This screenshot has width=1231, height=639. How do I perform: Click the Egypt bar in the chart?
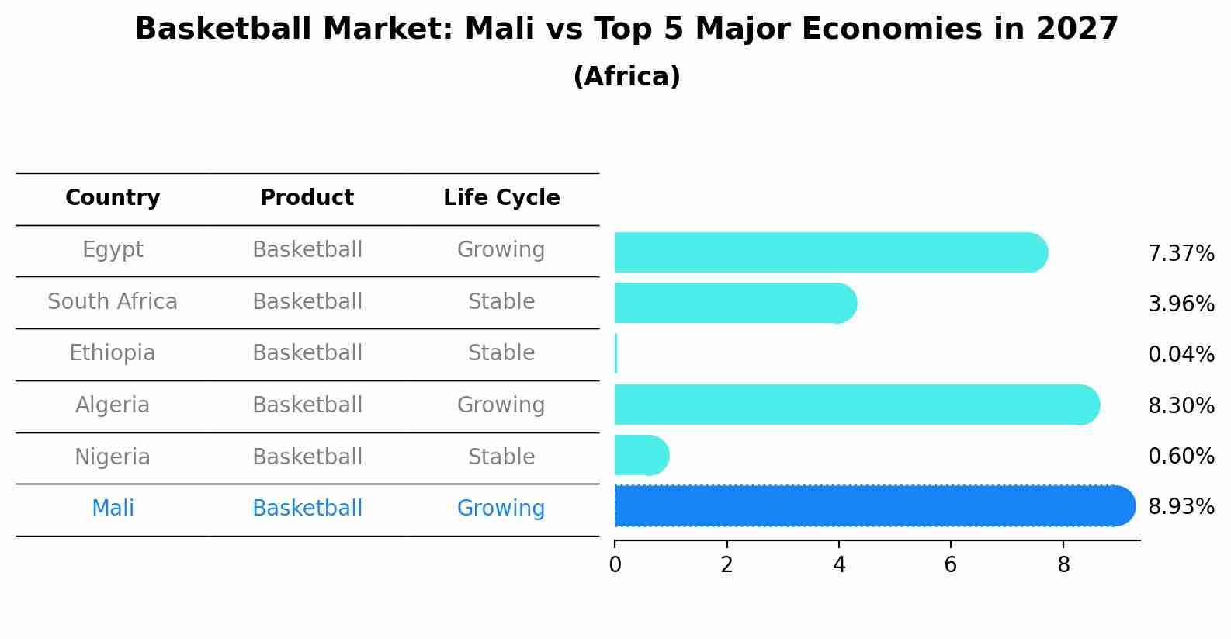pos(830,252)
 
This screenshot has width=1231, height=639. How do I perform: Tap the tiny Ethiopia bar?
pos(615,354)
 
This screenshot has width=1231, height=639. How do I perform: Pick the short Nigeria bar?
pos(641,455)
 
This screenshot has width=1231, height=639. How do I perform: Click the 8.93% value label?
pos(1181,507)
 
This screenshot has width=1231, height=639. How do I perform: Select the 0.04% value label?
pos(1181,355)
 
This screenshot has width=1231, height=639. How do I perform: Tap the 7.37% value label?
pos(1181,254)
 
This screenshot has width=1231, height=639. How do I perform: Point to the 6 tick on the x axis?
pos(951,564)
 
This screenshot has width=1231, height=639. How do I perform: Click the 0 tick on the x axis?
pos(615,564)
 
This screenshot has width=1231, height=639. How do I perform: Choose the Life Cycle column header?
pos(501,198)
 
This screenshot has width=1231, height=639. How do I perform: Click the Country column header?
pos(113,198)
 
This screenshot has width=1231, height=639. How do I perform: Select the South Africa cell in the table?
pos(113,301)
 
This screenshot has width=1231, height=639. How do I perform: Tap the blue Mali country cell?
pos(113,509)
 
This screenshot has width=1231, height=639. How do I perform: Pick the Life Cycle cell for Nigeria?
pos(501,457)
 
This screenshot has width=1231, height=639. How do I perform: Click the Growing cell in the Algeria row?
pos(501,405)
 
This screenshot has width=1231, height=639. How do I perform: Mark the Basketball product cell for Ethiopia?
pos(307,353)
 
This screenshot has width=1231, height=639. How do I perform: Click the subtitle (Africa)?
pos(626,77)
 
